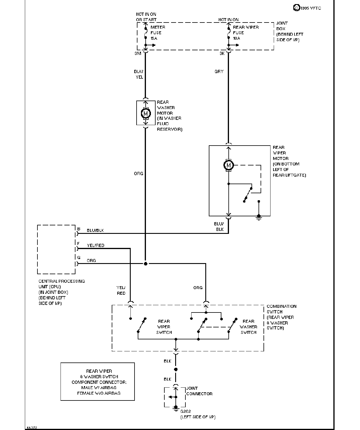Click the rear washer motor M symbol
[x=146, y=113]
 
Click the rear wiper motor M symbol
[x=228, y=165]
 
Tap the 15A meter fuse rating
[x=154, y=38]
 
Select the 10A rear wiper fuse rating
[x=236, y=38]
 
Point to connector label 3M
[x=138, y=53]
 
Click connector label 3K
[x=222, y=53]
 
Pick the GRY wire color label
[x=219, y=71]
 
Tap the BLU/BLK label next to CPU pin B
[x=95, y=230]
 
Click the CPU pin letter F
[x=78, y=244]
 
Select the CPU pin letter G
[x=79, y=258]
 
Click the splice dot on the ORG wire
[x=145, y=264]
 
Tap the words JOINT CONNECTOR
[x=199, y=391]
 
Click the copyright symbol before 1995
[x=296, y=8]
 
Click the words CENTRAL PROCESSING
[x=62, y=281]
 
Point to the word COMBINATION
[x=282, y=306]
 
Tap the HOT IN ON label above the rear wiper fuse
[x=228, y=20]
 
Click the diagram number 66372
[x=32, y=428]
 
